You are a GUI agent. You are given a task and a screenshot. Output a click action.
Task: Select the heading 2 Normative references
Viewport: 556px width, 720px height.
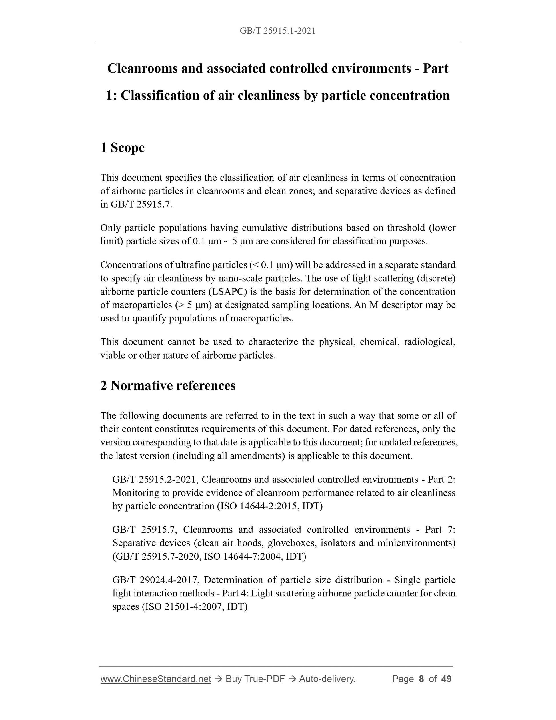tap(168, 385)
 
